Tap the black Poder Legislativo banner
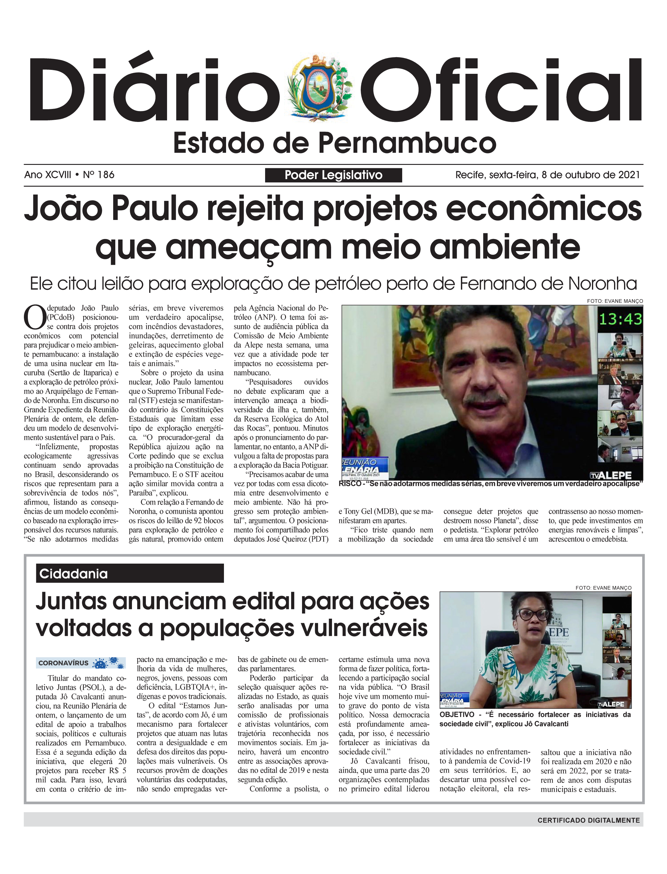333,175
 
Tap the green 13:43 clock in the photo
620,319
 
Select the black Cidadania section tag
130,574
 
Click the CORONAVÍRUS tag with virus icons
80,663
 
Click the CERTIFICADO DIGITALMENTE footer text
588,820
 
